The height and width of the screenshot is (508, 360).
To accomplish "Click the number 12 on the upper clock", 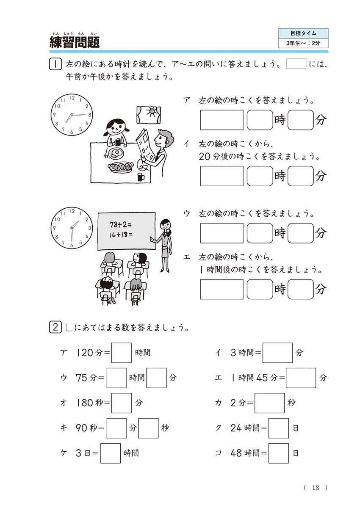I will [72, 98].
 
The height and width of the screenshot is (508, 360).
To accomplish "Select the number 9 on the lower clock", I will [55, 227].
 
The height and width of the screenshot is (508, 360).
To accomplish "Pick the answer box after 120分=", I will [122, 353].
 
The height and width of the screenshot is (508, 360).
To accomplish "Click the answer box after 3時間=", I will [277, 353].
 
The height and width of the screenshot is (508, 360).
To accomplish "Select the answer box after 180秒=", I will [122, 403].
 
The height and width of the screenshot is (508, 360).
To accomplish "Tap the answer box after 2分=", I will [269, 403].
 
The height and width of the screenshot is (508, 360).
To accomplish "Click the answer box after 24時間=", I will [279, 428].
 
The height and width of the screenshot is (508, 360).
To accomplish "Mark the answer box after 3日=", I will [111, 453].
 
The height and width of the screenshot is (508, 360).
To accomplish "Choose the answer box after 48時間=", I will [279, 453].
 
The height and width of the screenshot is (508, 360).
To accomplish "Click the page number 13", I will [315, 488].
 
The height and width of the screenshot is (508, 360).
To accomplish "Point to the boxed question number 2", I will [55, 328].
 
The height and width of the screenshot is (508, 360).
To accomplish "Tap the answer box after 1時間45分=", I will [301, 378].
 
